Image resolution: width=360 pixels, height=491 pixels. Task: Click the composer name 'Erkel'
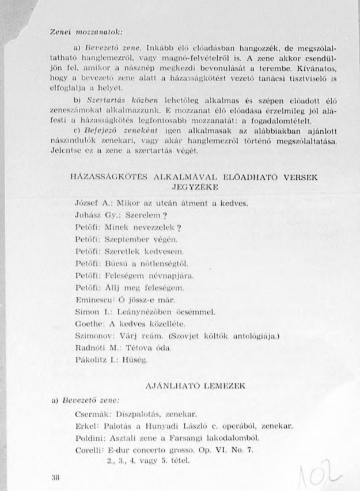tap(87, 426)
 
